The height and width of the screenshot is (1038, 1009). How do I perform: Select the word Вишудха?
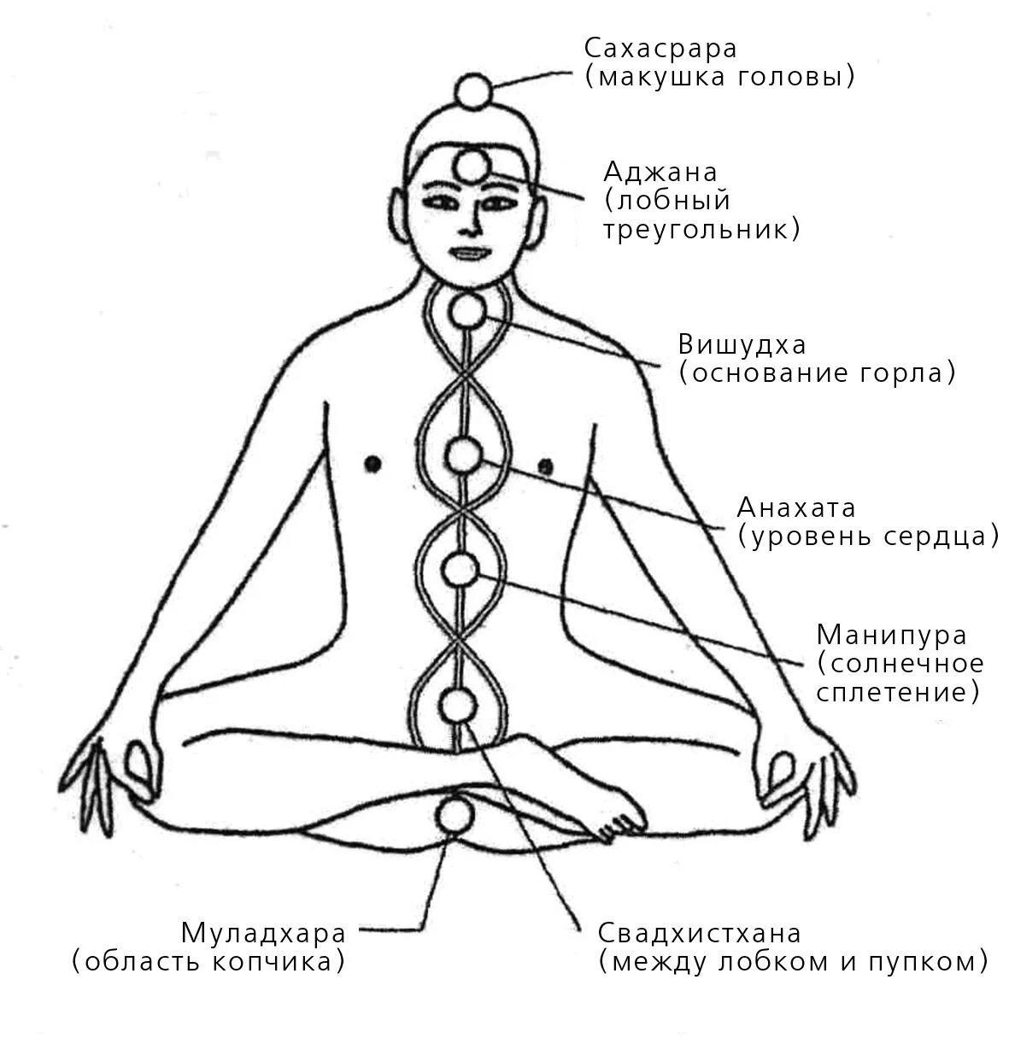point(742,345)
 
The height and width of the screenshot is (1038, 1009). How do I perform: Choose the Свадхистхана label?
point(699,933)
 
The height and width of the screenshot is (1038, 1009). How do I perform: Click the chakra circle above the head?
point(472,89)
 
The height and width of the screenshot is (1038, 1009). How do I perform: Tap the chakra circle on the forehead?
point(471,166)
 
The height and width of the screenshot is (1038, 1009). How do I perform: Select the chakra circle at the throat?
point(467,311)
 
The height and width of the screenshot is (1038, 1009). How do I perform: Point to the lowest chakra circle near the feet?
point(453,813)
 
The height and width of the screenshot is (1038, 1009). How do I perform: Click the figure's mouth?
point(466,254)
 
